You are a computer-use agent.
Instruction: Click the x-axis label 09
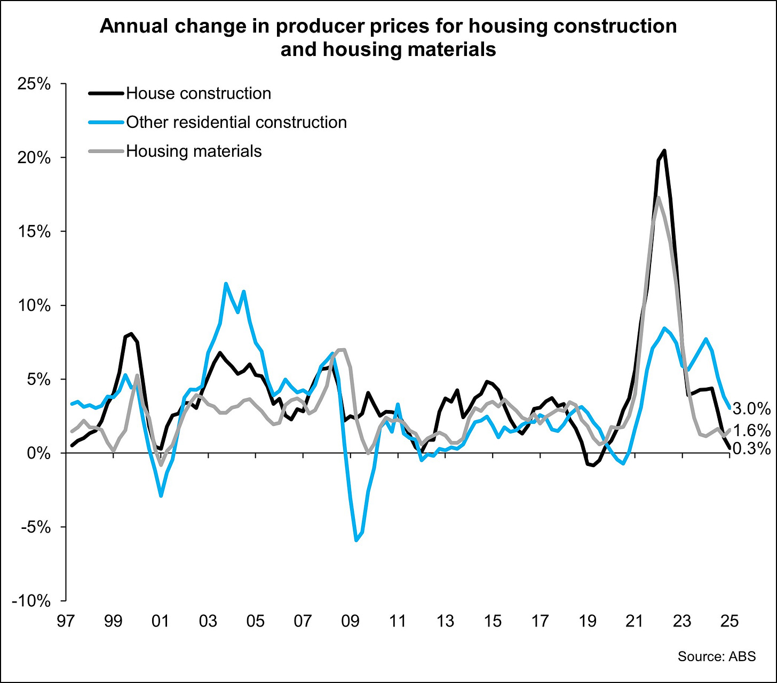pos(351,621)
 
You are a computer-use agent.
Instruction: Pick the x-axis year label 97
pos(66,621)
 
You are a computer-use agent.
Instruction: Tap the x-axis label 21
pos(635,621)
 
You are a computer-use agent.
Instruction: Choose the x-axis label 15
pos(493,621)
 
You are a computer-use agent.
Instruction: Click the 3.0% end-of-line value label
pos(751,409)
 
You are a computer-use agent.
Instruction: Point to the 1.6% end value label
pos(751,430)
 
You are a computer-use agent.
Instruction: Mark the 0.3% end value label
pos(751,449)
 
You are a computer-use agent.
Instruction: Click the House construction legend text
pos(199,93)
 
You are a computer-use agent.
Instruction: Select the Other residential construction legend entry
pos(236,122)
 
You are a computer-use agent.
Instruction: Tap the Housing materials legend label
pos(194,151)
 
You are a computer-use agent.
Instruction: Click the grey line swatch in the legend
pos(106,151)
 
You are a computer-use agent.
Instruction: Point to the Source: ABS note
pos(717,656)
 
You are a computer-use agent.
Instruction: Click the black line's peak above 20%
pos(664,150)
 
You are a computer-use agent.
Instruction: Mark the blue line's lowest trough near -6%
pos(356,540)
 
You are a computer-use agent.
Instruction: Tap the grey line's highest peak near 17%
pos(659,198)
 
